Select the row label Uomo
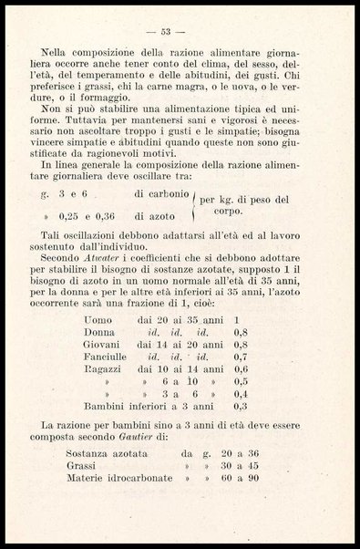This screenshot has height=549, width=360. (x=98, y=321)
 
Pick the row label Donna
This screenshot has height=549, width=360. (x=100, y=334)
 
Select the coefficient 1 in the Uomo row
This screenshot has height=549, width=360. (x=236, y=321)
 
